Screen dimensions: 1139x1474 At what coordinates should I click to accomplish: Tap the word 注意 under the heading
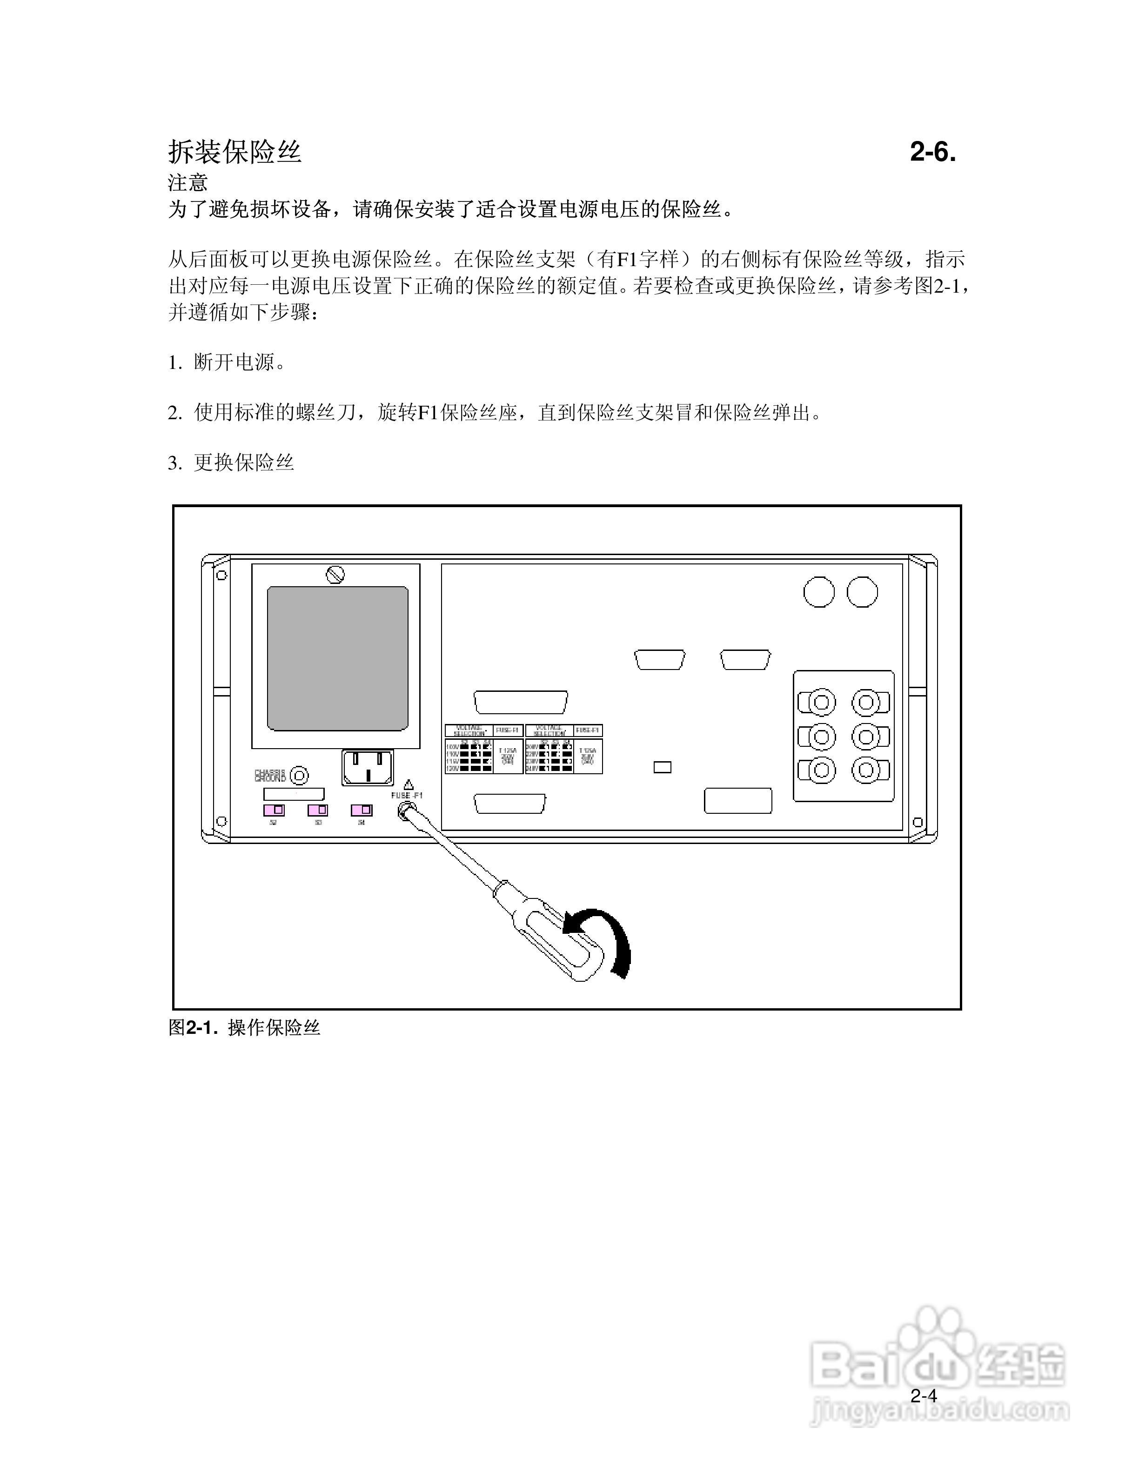click(188, 182)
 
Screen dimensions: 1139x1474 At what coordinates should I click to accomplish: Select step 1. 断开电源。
click(228, 362)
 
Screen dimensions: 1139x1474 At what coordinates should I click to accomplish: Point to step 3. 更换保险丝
click(231, 462)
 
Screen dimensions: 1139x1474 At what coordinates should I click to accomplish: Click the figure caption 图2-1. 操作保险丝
click(244, 1027)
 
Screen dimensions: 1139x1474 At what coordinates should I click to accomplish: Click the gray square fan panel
click(337, 658)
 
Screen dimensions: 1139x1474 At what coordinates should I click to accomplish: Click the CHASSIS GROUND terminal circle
click(298, 776)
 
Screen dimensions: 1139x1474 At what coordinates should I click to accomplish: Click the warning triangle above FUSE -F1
click(408, 784)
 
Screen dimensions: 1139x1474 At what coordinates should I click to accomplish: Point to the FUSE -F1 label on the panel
click(407, 796)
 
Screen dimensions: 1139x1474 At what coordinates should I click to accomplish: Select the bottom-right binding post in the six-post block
click(871, 770)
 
